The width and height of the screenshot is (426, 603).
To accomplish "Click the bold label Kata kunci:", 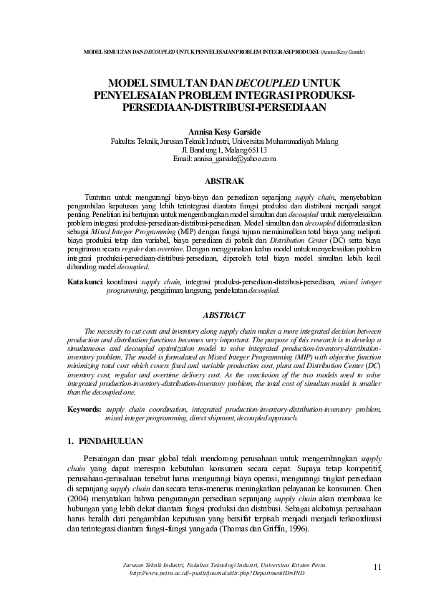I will point(86,283).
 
